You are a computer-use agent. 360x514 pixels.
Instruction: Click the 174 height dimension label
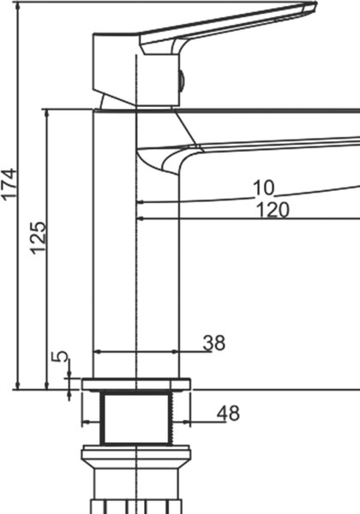pos(9,183)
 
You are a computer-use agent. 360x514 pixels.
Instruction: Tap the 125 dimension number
pos(38,238)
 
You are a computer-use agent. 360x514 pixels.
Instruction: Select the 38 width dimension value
pos(214,343)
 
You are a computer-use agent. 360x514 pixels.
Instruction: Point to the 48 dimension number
pos(228,413)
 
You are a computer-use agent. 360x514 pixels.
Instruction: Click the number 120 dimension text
pos(273,210)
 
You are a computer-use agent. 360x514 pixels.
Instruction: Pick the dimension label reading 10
pos(264,188)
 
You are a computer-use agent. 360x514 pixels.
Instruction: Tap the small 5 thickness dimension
pos(61,356)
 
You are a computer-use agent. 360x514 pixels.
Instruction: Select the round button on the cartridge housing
pos(182,80)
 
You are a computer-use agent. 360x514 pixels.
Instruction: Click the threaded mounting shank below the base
pos(136,418)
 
